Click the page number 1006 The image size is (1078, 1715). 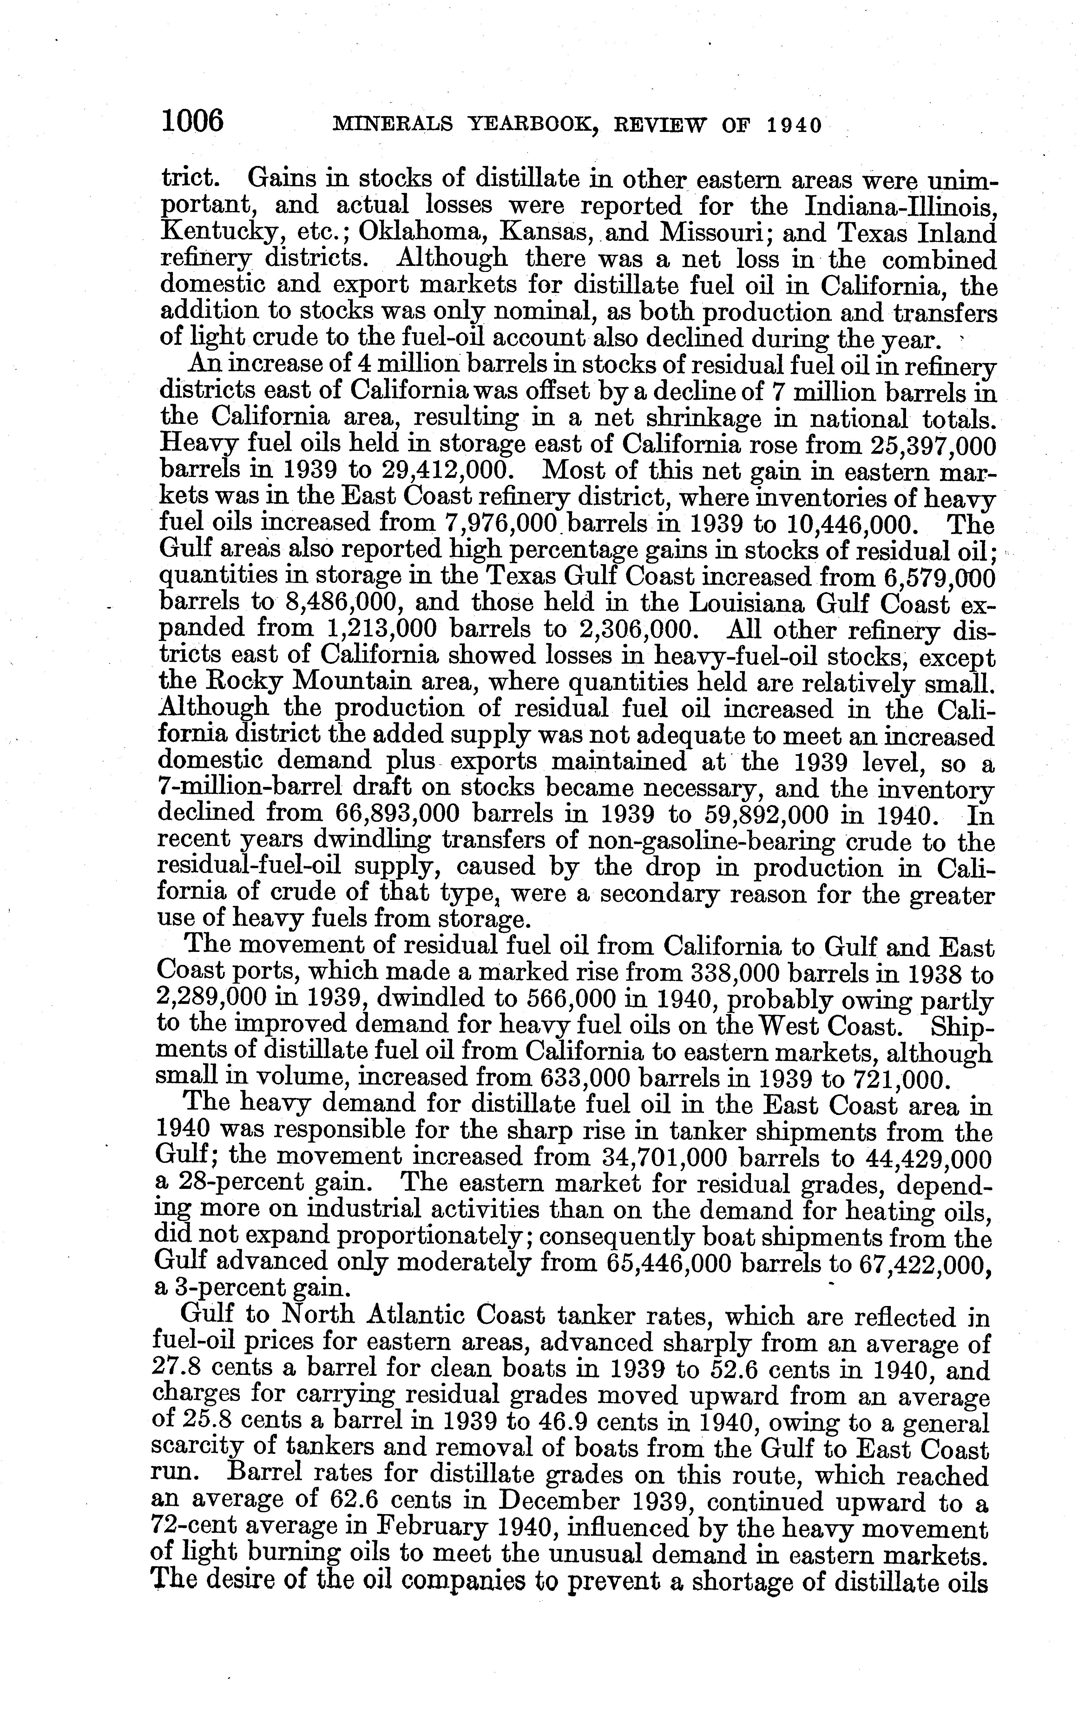[192, 121]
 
